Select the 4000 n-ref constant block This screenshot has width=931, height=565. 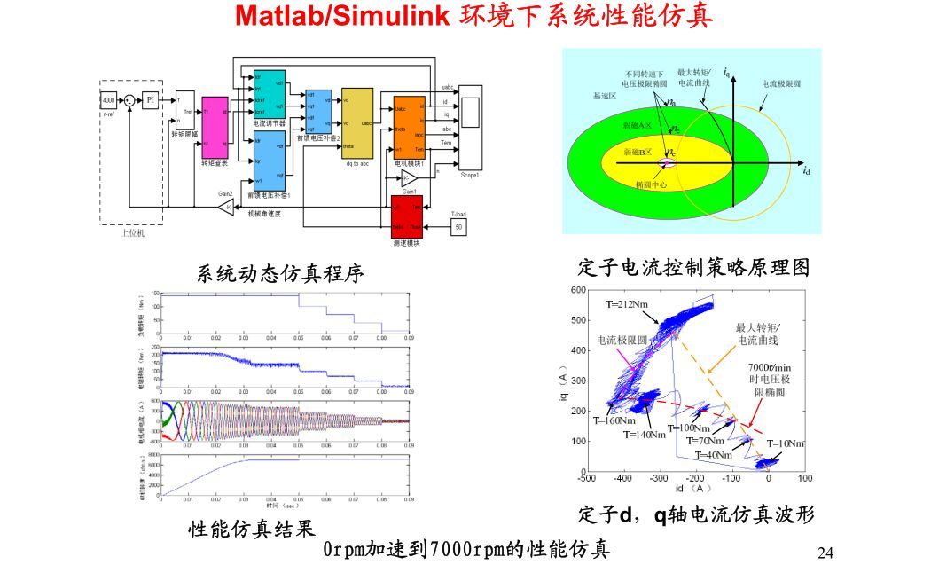(108, 100)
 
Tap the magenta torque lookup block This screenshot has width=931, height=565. (215, 126)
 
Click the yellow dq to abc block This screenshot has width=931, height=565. (357, 121)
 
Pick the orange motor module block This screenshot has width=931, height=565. (411, 125)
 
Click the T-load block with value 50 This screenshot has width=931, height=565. (458, 227)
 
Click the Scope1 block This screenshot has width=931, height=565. (470, 127)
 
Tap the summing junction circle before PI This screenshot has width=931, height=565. (130, 101)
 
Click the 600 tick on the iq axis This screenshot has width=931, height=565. (577, 291)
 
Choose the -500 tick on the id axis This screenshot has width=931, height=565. (586, 479)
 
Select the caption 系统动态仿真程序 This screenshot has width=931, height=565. (279, 273)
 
